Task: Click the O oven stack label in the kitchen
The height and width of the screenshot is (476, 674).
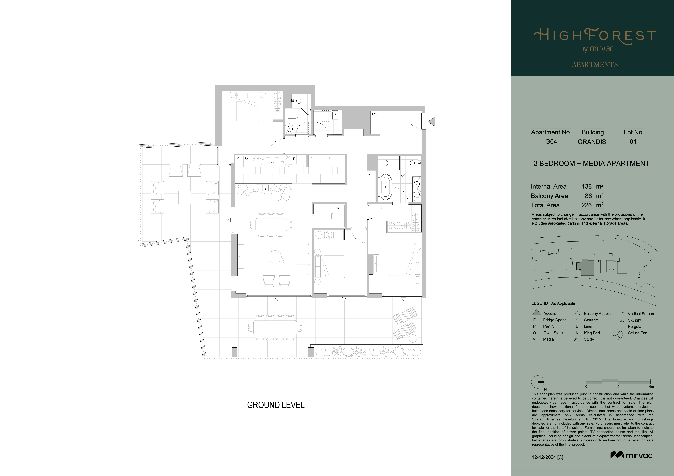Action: [246, 158]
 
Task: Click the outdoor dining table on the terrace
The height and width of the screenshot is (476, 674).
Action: [275, 327]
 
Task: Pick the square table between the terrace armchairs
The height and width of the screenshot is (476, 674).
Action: [185, 197]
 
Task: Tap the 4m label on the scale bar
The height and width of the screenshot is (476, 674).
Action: [651, 387]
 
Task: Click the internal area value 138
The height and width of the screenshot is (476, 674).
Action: [587, 186]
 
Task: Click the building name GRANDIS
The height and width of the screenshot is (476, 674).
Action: [591, 142]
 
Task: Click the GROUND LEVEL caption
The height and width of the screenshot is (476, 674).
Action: [276, 405]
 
